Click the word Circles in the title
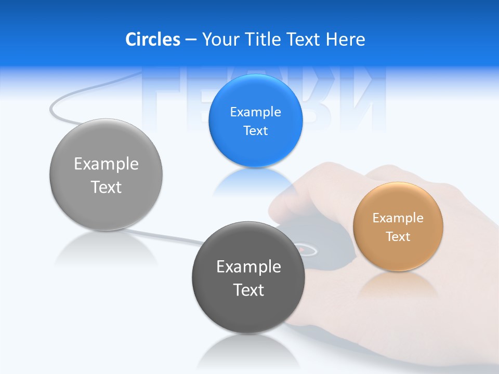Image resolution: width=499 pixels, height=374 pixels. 153,39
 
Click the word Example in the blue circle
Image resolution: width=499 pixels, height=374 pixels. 255,112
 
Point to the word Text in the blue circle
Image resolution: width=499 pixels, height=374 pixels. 255,130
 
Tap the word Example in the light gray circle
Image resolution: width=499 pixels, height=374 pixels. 106,164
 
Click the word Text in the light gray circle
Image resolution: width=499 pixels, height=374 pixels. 106,187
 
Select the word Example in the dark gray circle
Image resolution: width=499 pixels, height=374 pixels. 248,266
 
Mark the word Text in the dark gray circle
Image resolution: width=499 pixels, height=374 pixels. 248,290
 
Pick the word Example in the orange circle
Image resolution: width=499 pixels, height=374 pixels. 398,218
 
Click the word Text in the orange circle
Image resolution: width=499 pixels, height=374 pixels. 398,236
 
